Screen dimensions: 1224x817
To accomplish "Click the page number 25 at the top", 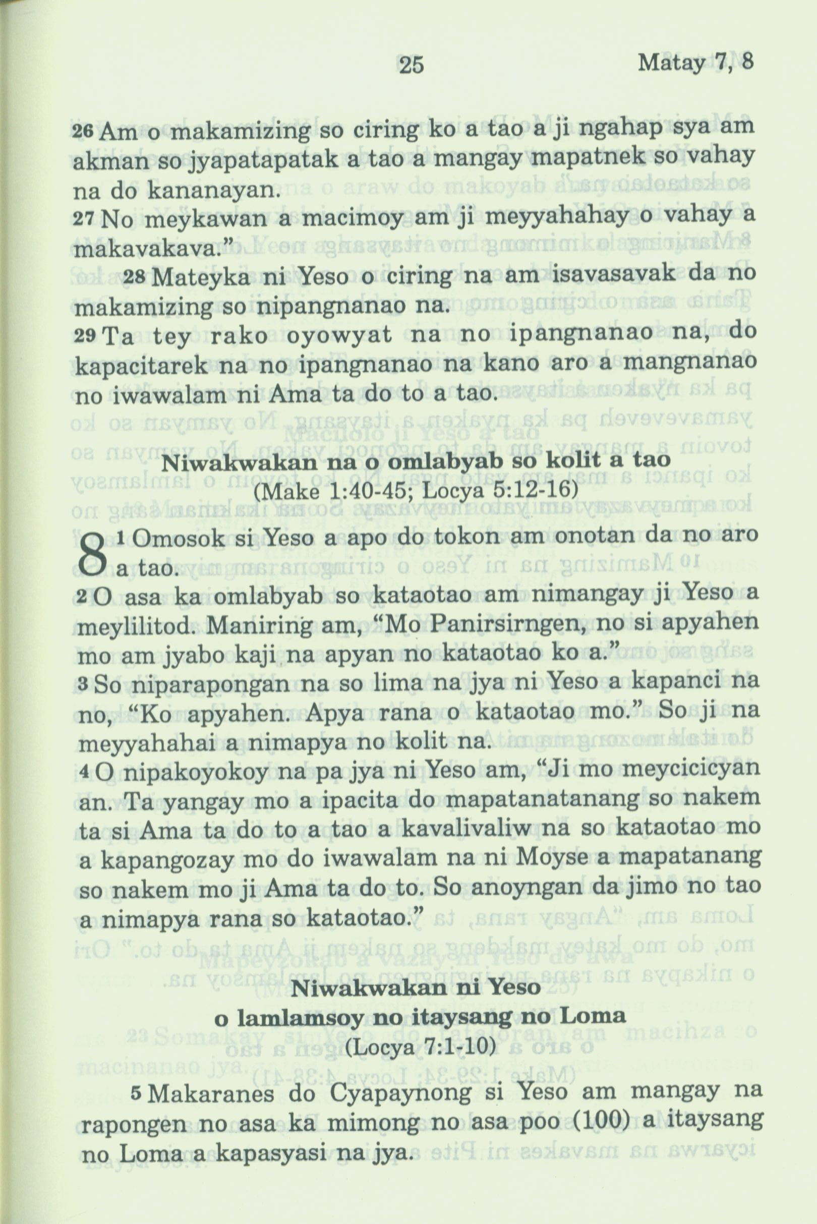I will click(x=412, y=65).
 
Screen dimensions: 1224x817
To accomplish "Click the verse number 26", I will click(x=84, y=132).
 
